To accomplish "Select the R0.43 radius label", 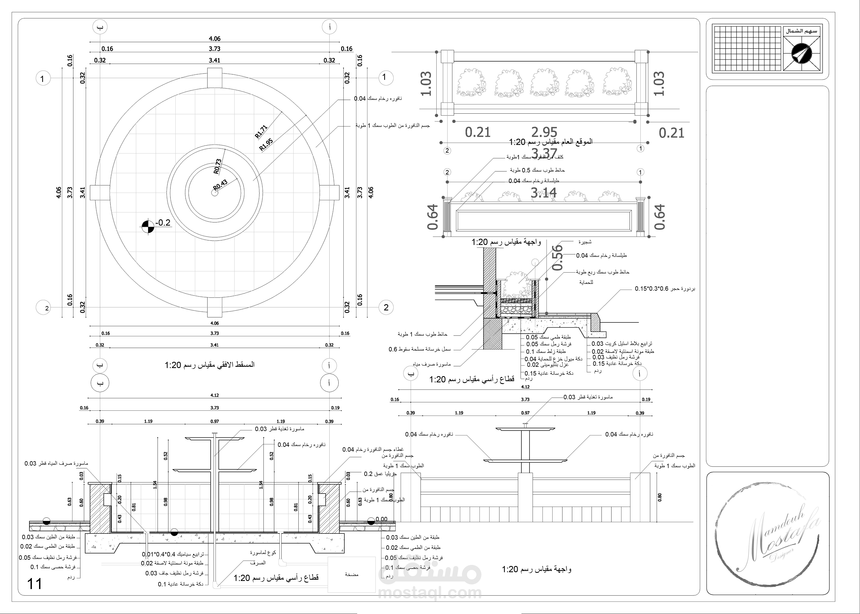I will coord(221,185).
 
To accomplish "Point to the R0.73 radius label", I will coord(218,166).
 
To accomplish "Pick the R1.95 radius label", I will coord(266,145).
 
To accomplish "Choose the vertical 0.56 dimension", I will coord(558,257).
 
